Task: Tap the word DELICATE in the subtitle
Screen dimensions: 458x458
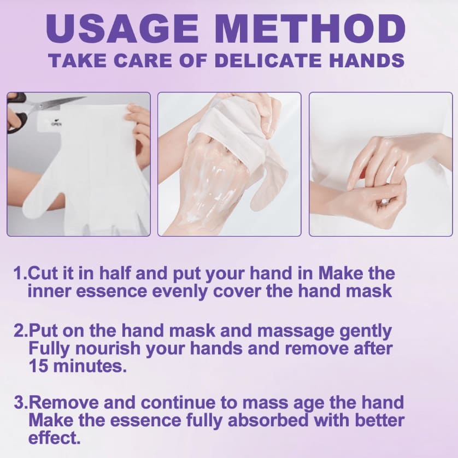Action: [x=268, y=61]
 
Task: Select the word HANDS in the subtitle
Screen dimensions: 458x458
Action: [x=367, y=61]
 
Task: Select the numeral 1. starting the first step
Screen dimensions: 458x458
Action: [x=20, y=274]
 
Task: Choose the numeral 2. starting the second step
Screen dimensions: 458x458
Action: [x=21, y=331]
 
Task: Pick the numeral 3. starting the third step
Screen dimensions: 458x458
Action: [x=21, y=402]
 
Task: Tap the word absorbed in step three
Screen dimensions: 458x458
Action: [x=268, y=421]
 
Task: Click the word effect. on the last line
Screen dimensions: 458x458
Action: [x=54, y=438]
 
